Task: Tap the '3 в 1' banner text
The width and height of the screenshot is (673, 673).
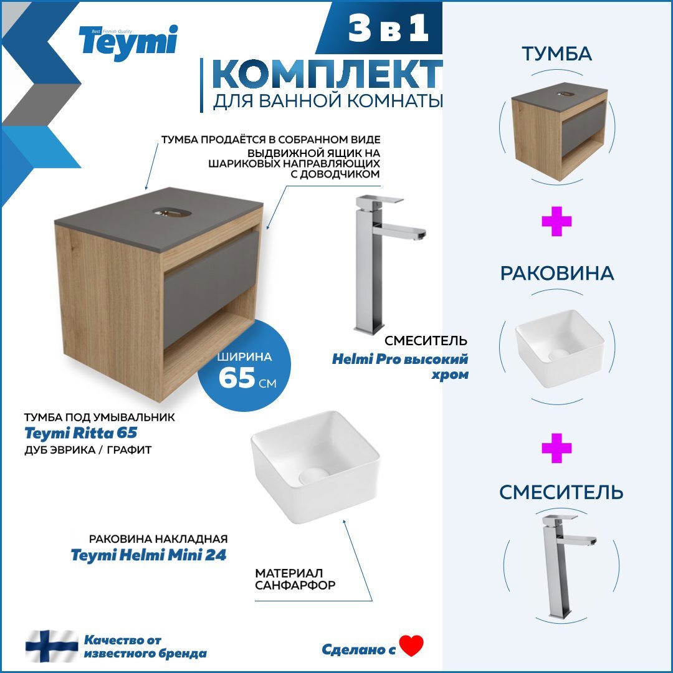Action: [x=389, y=29]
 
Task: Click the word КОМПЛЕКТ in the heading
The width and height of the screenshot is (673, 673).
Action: [x=327, y=75]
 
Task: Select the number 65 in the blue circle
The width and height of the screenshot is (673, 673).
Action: [x=237, y=378]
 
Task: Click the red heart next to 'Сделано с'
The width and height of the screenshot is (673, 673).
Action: [x=411, y=646]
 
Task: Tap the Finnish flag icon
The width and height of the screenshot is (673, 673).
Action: [x=52, y=646]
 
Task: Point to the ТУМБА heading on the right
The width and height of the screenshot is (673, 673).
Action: [x=556, y=54]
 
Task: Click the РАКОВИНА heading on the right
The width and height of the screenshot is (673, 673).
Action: [x=556, y=274]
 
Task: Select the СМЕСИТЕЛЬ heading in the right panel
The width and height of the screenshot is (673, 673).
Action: [x=561, y=492]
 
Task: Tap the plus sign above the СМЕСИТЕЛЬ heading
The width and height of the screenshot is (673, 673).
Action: [x=556, y=449]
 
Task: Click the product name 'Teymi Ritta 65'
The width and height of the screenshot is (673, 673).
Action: [x=80, y=433]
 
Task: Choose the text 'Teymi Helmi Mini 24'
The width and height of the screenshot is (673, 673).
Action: [x=148, y=555]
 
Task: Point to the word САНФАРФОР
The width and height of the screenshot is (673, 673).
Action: [x=295, y=586]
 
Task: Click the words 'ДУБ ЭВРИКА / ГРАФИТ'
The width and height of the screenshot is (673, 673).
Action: [x=87, y=449]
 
